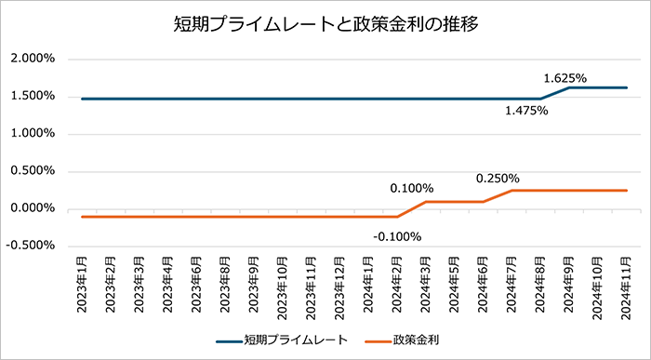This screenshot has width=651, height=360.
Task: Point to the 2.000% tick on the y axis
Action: point(33,59)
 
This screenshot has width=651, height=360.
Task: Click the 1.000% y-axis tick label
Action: point(33,133)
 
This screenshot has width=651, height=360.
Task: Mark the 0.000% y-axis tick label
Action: point(33,208)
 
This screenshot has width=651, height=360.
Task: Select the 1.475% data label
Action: point(526,111)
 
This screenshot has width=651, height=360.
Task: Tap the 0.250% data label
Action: point(498,178)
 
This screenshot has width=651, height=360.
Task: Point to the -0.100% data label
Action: point(397,235)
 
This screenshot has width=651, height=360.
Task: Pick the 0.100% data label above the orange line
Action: point(412,188)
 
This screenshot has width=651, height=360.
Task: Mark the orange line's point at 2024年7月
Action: point(512,190)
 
